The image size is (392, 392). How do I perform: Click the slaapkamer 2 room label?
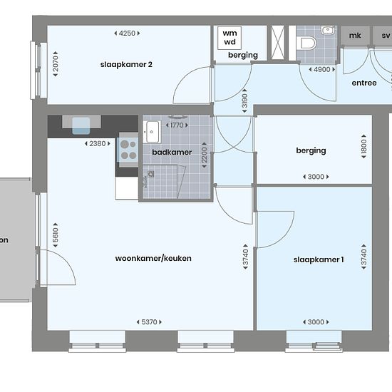126,64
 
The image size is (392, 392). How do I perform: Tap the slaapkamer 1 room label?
319,259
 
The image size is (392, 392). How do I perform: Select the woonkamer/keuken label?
153,258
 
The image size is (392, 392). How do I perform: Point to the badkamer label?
172,152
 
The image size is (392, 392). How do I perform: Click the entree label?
364,83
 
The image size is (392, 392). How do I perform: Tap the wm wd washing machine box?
229,38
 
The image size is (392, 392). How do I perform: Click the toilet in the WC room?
306,43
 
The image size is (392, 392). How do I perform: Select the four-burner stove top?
128,150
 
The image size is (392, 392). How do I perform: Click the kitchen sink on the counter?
81,125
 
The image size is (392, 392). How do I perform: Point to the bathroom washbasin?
152,132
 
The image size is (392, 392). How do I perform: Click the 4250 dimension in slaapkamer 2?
127,33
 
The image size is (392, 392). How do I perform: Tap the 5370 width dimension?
149,322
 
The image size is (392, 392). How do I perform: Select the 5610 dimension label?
56,235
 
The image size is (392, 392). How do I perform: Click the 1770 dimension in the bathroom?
177,125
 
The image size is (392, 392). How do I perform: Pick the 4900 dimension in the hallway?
322,70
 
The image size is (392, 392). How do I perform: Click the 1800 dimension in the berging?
363,146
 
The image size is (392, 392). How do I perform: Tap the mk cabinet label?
355,36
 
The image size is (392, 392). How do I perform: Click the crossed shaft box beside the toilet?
278,43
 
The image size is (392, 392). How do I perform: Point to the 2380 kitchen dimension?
98,144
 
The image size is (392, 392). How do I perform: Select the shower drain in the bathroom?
151,174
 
